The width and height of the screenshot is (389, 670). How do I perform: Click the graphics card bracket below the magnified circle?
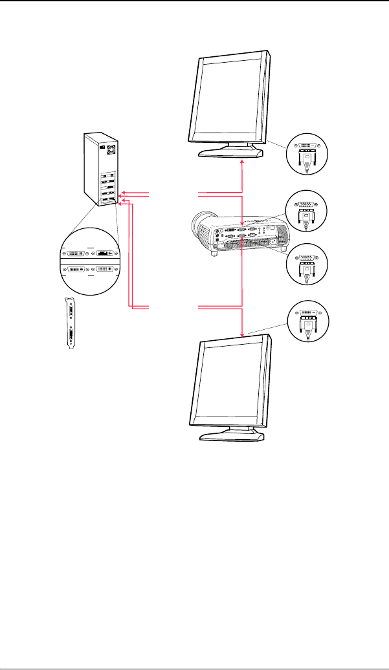[x=71, y=323]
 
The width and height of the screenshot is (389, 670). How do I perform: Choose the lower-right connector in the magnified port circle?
[x=104, y=268]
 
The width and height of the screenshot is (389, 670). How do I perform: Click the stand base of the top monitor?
[x=231, y=153]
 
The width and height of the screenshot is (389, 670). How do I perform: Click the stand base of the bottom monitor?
[x=231, y=436]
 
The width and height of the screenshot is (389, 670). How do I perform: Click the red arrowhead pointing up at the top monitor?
[x=242, y=162]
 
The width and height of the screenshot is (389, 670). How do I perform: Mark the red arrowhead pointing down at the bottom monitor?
[x=242, y=334]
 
